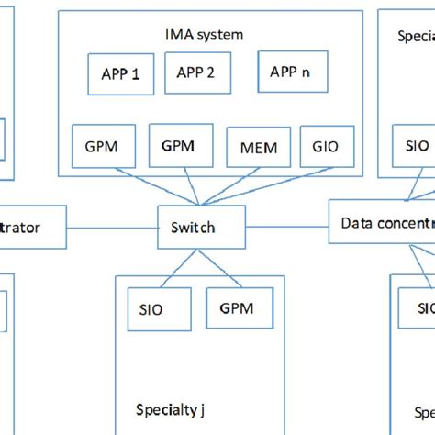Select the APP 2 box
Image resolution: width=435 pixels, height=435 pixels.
coord(195,72)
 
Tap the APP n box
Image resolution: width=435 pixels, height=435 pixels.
coord(292,72)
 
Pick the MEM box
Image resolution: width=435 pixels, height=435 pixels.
coord(258,147)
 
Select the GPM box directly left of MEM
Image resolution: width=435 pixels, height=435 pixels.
coord(182,146)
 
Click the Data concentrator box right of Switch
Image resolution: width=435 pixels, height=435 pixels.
coord(381,223)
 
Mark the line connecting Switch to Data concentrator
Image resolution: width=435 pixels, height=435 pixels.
coord(287,225)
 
